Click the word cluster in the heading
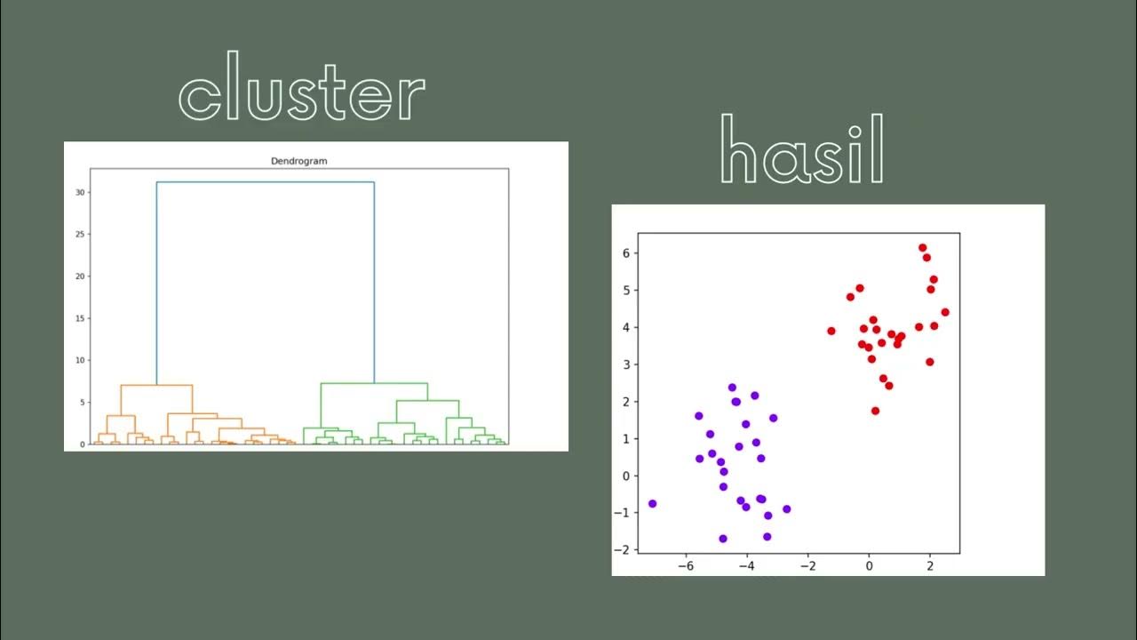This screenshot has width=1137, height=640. (302, 86)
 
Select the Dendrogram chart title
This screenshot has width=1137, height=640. (298, 161)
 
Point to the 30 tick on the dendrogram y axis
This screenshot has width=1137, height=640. (80, 192)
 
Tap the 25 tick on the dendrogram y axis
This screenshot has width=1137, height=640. (80, 234)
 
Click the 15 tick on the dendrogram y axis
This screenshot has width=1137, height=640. (80, 318)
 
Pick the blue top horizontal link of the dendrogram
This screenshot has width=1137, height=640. (265, 182)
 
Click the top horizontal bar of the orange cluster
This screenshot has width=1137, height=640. (156, 385)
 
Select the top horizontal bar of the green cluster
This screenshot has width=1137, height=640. (374, 383)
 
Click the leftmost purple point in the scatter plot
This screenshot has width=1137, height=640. (652, 503)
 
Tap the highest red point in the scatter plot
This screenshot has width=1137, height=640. (922, 248)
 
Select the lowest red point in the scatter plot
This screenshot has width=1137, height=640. (875, 411)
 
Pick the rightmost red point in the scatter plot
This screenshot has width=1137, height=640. (945, 312)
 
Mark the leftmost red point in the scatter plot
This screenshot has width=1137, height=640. (831, 331)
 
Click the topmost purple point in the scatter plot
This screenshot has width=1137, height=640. (732, 388)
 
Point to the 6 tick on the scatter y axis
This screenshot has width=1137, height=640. (625, 253)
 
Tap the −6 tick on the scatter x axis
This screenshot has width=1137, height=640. (686, 565)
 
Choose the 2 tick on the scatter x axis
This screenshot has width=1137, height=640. (930, 565)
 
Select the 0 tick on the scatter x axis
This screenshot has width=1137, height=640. (869, 565)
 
